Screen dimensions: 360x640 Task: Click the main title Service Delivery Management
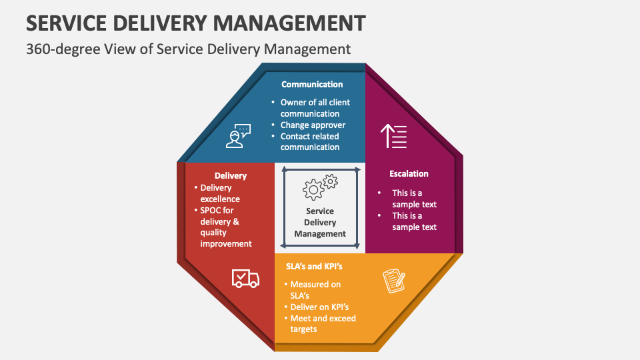(196, 22)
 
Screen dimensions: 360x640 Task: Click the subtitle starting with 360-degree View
(188, 49)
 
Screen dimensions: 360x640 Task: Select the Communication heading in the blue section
(312, 85)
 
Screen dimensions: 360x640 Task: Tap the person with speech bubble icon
(238, 135)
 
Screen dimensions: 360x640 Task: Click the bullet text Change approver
(313, 125)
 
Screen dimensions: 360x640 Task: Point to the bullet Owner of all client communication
(315, 108)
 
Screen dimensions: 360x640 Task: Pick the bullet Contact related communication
(310, 142)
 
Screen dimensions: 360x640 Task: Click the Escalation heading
(409, 173)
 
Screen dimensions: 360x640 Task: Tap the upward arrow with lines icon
(393, 136)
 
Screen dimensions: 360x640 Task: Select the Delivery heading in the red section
(231, 176)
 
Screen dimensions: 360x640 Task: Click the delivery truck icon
(245, 278)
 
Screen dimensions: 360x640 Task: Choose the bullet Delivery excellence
(220, 193)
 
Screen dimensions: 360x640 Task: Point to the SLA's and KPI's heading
(313, 266)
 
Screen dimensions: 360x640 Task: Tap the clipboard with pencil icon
(393, 281)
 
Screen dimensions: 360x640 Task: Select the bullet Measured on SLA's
(315, 289)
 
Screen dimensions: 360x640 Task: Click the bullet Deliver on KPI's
(319, 307)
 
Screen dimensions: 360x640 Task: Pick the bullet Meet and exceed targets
(323, 324)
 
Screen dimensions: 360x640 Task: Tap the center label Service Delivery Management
(320, 223)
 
